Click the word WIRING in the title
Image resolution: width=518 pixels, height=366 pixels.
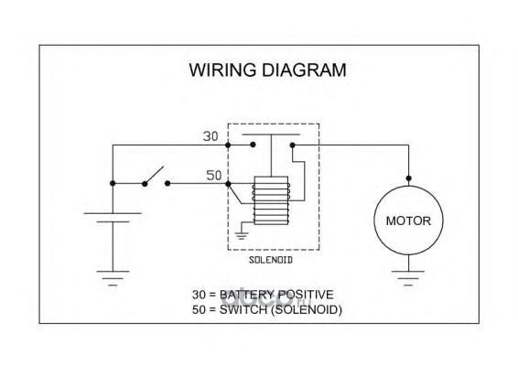point(222,70)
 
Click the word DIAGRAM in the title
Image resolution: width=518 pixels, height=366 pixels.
point(304,70)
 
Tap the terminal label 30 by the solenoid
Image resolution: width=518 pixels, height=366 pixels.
point(210,136)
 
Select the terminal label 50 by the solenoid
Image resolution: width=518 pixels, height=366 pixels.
point(214,176)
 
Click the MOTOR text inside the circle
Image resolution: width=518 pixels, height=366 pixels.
point(408,221)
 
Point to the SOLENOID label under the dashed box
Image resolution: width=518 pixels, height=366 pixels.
point(271,260)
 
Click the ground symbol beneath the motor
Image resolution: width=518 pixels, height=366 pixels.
point(408,278)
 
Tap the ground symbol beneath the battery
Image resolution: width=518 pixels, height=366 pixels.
point(113,278)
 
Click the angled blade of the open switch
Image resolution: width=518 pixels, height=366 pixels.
point(155,174)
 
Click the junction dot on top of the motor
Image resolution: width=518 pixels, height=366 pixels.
point(409,178)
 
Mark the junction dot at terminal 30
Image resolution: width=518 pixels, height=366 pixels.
point(228,145)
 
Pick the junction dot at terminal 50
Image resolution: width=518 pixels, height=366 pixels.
point(228,183)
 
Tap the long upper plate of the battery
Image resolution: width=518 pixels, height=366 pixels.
point(113,213)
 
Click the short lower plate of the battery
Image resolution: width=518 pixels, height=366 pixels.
point(113,221)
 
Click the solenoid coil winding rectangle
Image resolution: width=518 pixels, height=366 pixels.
point(271,200)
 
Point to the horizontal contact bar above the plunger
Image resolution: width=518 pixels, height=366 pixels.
point(271,135)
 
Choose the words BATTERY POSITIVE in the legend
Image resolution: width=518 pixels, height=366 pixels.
point(276,295)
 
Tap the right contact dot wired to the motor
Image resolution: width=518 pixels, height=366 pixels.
point(292,145)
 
